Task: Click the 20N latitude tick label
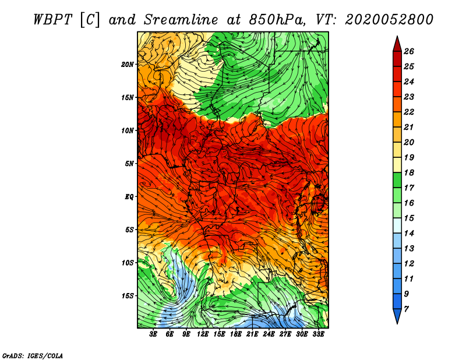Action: [x=127, y=65]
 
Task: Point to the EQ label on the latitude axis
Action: [x=129, y=197]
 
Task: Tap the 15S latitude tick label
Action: [x=127, y=296]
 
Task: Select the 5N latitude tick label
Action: [x=129, y=164]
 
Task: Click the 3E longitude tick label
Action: [x=153, y=334]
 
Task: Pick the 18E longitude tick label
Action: [x=235, y=334]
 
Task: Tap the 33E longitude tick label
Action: [x=318, y=334]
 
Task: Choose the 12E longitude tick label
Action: [x=202, y=334]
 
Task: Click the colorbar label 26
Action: [x=409, y=51]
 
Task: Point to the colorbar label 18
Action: [x=409, y=172]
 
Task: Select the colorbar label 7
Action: [x=406, y=309]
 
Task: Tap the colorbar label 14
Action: [x=409, y=234]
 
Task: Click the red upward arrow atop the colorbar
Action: [x=397, y=44]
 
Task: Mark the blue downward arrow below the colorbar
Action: [x=397, y=316]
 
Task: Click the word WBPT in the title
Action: [x=53, y=20]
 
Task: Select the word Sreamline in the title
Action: [x=181, y=20]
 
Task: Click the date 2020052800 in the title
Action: [x=389, y=20]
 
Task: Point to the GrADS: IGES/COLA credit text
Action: [x=33, y=356]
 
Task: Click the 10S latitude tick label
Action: [x=127, y=263]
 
